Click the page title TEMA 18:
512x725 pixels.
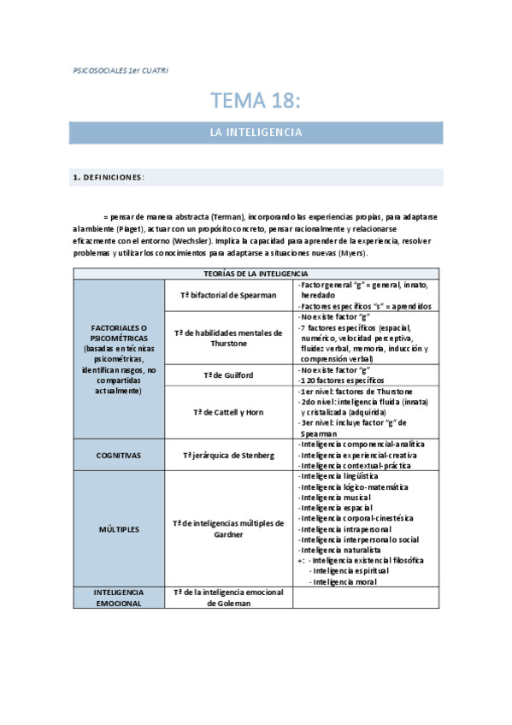tap(256, 101)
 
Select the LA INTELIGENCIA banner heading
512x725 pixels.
tap(256, 133)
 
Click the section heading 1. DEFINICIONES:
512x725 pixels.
tap(109, 178)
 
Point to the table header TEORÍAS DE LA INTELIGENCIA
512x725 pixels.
tap(256, 273)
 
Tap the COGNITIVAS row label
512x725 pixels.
tap(119, 456)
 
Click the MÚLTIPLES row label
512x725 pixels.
tap(119, 529)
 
